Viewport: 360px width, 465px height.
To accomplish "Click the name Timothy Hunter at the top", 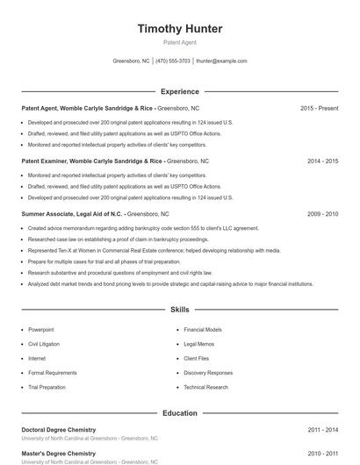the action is (180, 28).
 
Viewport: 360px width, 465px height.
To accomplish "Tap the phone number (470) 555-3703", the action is (173, 61).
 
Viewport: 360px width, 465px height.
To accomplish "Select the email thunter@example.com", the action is (221, 61).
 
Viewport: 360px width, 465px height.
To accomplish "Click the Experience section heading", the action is (180, 91).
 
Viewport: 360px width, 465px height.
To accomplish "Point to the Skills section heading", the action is (180, 310).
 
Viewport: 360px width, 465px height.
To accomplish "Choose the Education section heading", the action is (180, 412).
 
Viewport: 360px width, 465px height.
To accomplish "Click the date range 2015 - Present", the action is (319, 108).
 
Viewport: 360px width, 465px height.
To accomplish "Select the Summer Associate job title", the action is (73, 214).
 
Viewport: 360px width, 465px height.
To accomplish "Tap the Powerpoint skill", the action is (41, 330).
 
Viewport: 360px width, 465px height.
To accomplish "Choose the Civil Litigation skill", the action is (45, 344).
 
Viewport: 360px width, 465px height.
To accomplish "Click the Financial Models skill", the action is (202, 330).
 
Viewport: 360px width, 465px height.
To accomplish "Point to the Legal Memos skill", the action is (198, 344).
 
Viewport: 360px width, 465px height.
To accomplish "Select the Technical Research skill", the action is (205, 387).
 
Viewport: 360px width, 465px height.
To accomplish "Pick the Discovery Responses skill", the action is (208, 373).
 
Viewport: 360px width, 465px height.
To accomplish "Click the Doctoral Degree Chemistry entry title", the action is (59, 429).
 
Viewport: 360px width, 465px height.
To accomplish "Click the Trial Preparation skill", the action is (47, 387).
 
